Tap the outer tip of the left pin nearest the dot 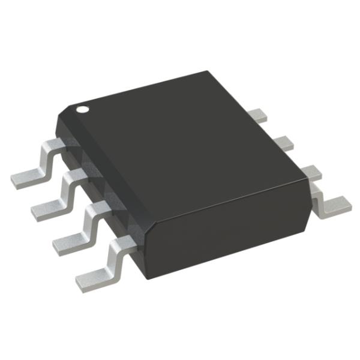(x=15, y=178)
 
